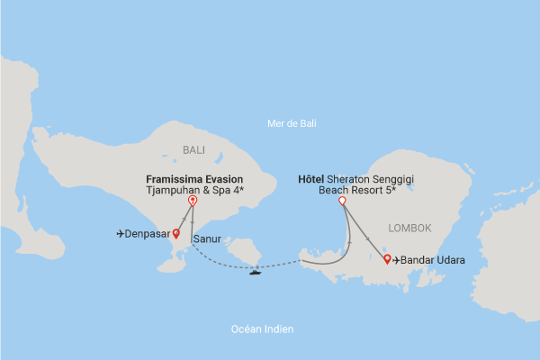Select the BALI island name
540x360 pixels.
[193, 149]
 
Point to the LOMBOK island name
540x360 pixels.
[410, 228]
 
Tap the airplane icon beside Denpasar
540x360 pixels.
[121, 234]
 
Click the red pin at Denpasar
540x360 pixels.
[176, 234]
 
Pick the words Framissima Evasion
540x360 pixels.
[194, 179]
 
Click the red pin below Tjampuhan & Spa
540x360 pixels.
[193, 202]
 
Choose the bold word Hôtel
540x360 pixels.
[311, 179]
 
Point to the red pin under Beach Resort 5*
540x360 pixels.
[342, 202]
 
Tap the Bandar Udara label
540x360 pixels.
[435, 260]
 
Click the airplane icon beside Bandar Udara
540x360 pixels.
[397, 260]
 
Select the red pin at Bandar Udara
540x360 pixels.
[387, 259]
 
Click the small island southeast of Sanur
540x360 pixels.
[242, 250]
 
